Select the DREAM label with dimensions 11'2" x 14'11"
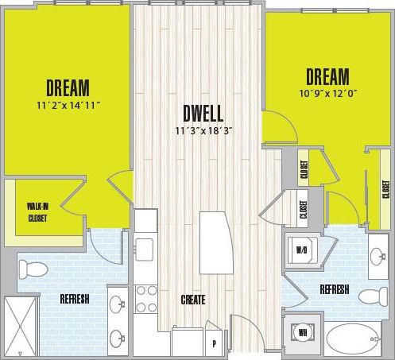[x=68, y=86]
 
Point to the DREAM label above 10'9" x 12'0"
[x=327, y=77]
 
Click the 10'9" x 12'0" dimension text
[x=327, y=93]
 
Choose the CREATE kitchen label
[x=192, y=300]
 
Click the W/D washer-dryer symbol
[x=303, y=250]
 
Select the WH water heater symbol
[x=303, y=331]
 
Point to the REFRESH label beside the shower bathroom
[x=73, y=300]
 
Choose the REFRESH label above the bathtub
[x=334, y=289]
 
